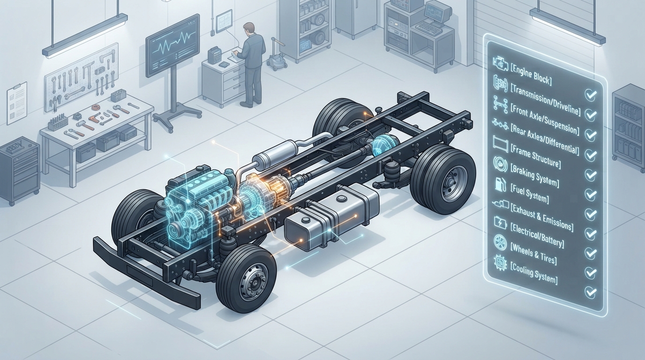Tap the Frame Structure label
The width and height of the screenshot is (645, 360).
point(535,158)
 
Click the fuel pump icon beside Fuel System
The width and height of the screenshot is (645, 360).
point(500,184)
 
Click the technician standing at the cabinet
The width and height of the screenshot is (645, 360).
point(252,65)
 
